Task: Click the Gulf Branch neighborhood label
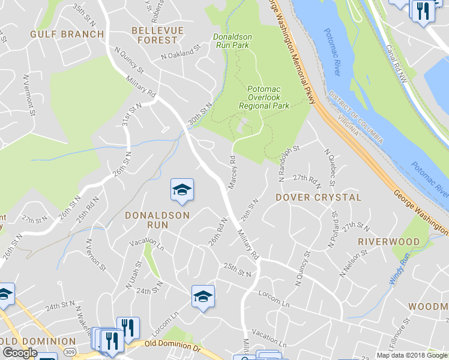(x=67, y=34)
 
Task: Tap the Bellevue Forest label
(x=155, y=35)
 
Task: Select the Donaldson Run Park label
(x=232, y=41)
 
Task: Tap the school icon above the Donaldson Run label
(x=182, y=191)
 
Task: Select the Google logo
(x=19, y=353)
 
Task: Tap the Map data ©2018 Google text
(x=411, y=355)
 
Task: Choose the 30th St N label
(x=201, y=114)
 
